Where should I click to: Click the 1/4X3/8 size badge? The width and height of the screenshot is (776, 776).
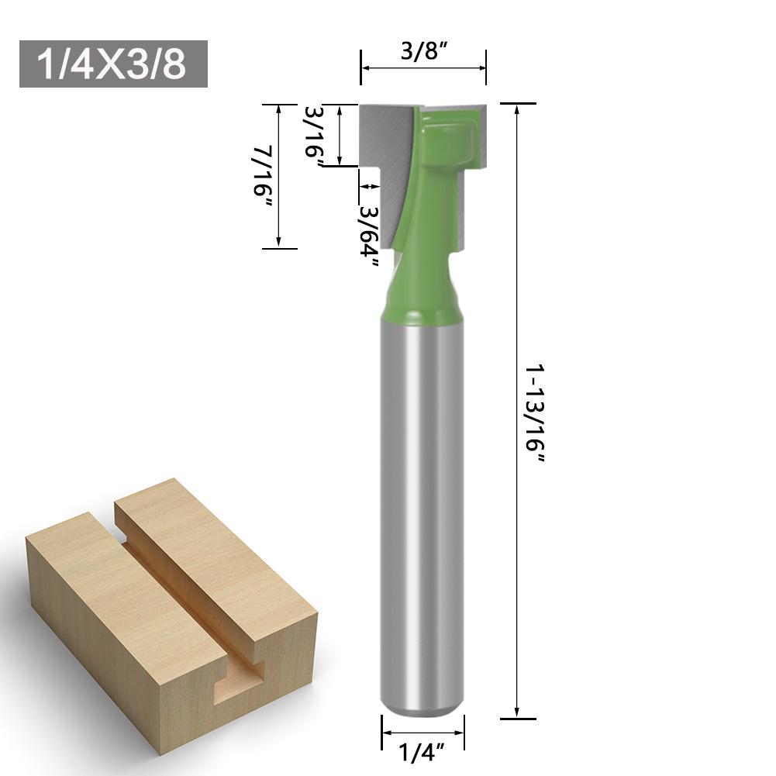[x=113, y=64]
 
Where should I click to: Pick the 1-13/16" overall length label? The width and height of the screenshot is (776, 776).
[x=535, y=415]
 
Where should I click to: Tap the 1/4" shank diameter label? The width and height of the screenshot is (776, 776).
[x=422, y=752]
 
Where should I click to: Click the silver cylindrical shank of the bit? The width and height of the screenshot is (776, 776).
[x=422, y=504]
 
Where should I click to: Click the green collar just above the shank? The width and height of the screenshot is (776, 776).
[x=422, y=302]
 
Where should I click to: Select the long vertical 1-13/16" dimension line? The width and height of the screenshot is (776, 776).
[x=517, y=411]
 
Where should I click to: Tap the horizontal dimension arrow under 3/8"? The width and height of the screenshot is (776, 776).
[x=423, y=69]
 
